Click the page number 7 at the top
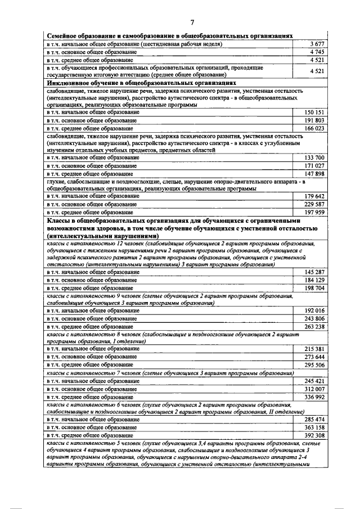pyautogui.click(x=191, y=22)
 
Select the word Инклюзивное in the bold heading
pyautogui.click(x=68, y=83)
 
